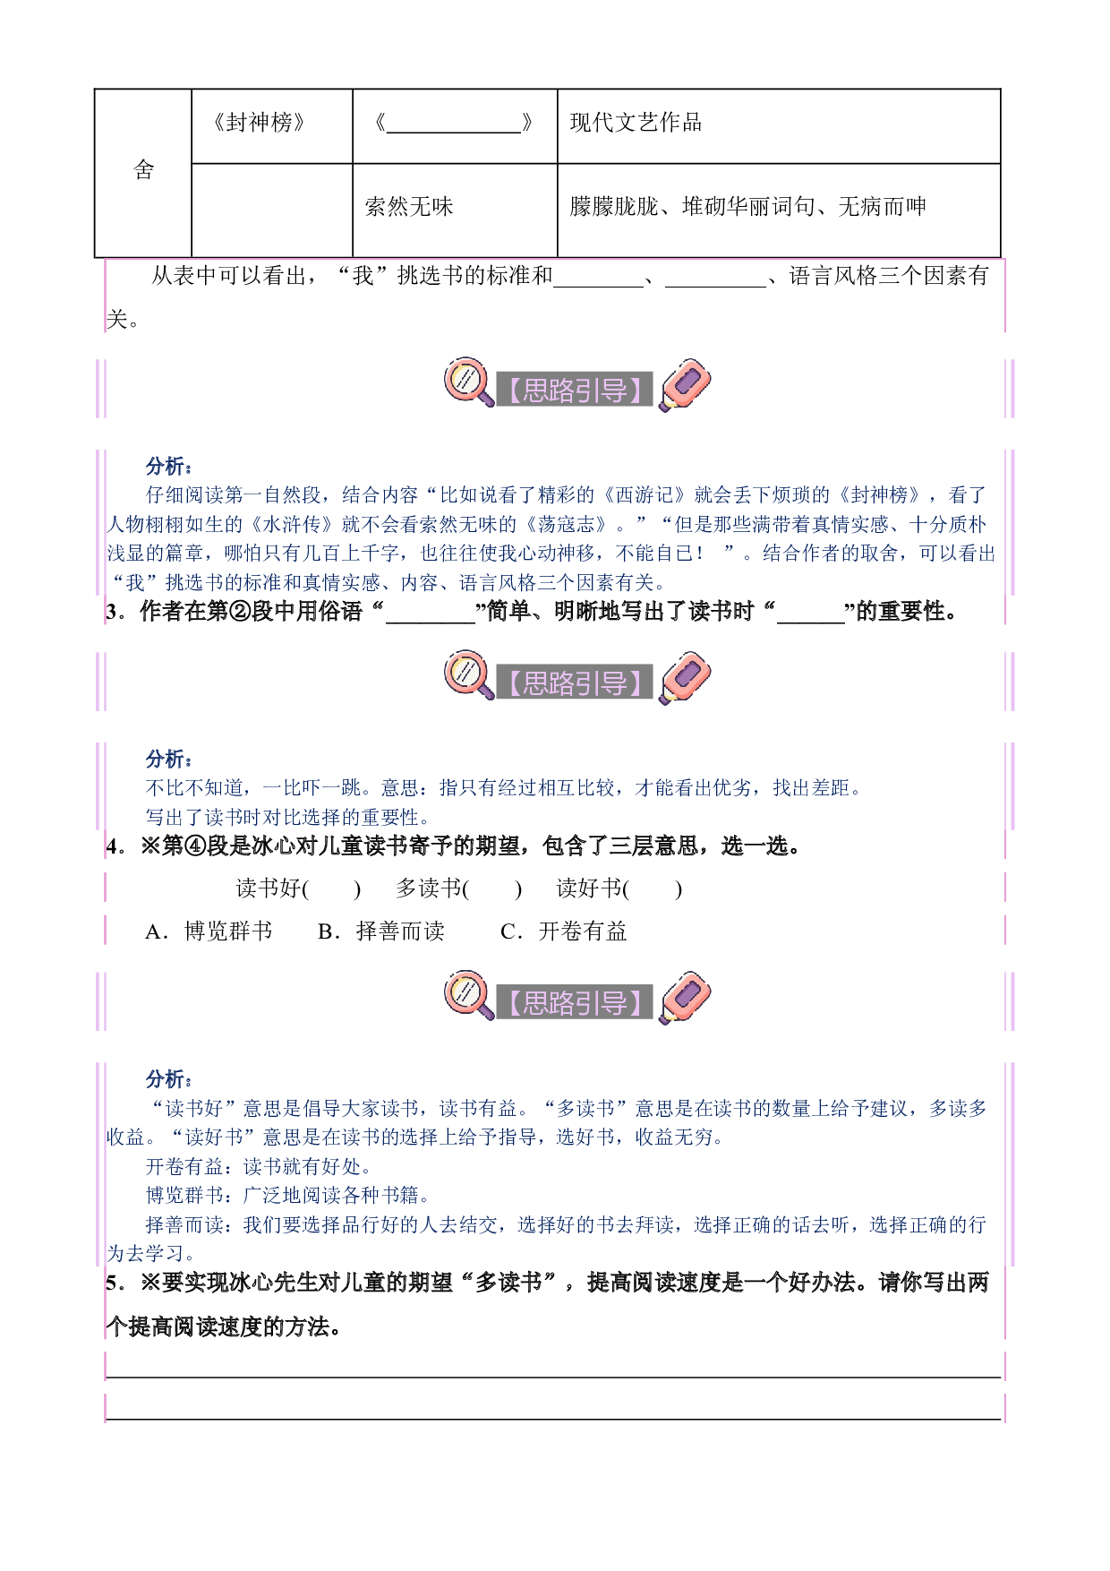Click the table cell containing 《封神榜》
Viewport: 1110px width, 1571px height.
[272, 126]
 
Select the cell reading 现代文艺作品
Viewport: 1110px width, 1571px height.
[779, 126]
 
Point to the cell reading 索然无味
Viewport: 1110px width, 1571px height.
[455, 210]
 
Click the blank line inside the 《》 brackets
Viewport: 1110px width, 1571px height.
[454, 132]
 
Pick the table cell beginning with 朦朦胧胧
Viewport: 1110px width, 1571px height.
[779, 210]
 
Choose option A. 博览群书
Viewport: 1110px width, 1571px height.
[209, 931]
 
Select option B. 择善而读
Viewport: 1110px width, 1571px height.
[381, 931]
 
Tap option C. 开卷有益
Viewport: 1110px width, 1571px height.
[564, 931]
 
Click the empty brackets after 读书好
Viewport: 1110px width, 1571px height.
[331, 889]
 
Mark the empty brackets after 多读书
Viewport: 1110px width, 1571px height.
[492, 889]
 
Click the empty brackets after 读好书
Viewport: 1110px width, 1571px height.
[653, 889]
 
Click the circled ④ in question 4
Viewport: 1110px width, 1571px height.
[195, 846]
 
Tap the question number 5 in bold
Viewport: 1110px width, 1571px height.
[111, 1283]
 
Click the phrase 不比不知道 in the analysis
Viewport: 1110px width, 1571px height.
[194, 788]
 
